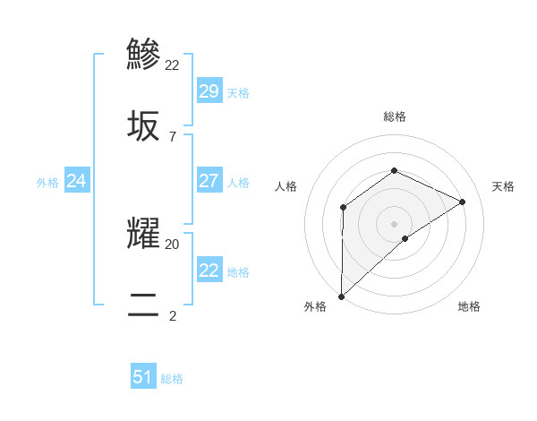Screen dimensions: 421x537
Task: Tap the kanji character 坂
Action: [144, 126]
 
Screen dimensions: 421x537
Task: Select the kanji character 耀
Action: [144, 232]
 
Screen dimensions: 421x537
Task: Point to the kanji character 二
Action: [144, 305]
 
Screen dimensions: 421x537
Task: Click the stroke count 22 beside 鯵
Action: [173, 64]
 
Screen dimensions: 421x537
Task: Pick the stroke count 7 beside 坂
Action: [173, 137]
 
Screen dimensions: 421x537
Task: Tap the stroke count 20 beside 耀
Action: [173, 243]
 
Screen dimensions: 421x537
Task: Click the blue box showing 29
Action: [209, 91]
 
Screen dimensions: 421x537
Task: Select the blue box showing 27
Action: [209, 181]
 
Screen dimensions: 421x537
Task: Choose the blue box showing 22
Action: [209, 271]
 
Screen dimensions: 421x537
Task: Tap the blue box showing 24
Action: [76, 181]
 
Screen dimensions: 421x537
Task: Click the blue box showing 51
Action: [143, 377]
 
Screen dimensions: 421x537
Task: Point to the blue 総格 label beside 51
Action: [172, 379]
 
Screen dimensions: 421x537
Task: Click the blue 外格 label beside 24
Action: [47, 183]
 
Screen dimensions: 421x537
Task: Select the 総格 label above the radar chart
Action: [394, 116]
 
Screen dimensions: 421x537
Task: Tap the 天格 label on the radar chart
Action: [503, 186]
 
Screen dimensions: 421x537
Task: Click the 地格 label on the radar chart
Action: [469, 306]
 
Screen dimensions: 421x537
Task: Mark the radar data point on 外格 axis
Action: [341, 296]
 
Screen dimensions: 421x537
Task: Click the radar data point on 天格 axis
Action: [463, 202]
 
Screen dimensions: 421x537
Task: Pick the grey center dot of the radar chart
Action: [394, 224]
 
